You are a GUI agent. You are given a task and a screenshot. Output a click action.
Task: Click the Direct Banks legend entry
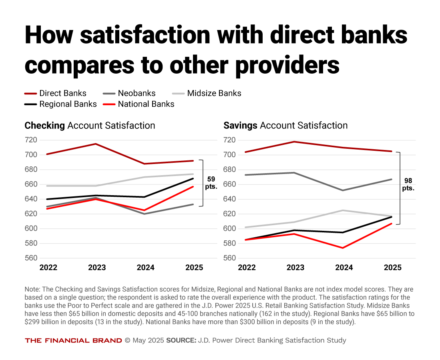[56, 93]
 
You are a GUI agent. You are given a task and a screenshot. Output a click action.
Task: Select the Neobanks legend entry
[129, 93]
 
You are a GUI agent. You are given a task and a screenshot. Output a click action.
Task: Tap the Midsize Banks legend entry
[207, 93]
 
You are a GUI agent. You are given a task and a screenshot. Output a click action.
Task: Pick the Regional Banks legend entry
[61, 104]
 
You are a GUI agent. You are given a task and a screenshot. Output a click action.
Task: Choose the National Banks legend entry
[139, 104]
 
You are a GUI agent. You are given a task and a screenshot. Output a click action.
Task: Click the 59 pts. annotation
[211, 183]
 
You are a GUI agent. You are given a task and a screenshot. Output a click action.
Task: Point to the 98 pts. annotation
[408, 184]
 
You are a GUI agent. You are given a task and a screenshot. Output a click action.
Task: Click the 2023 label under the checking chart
[96, 268]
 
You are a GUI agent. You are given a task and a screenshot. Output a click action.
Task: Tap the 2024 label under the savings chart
[344, 268]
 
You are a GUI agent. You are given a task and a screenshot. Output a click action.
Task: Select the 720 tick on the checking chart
[31, 140]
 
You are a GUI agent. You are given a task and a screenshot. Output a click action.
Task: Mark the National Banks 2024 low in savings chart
[344, 248]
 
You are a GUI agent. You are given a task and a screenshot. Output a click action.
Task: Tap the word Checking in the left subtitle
[44, 126]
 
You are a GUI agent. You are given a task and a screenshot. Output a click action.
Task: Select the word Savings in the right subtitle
[240, 126]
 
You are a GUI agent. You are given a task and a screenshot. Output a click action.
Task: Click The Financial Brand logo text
[73, 340]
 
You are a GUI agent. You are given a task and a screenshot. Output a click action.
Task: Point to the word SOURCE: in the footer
[181, 340]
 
